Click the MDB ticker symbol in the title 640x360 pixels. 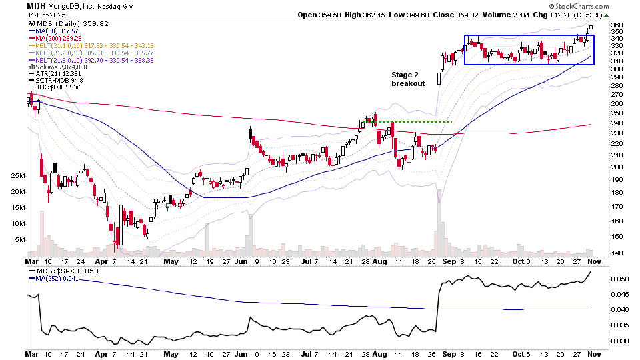pyautogui.click(x=37, y=6)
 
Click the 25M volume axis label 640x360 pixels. pyautogui.click(x=17, y=176)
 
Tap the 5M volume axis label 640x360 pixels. pyautogui.click(x=19, y=240)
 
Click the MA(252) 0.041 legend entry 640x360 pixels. pyautogui.click(x=61, y=280)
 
